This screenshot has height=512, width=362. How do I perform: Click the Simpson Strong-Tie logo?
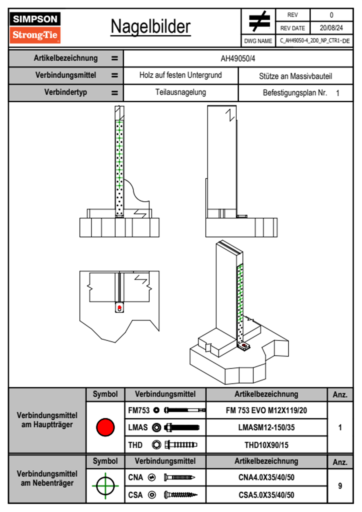tap(35, 28)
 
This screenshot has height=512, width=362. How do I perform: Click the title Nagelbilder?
tap(151, 27)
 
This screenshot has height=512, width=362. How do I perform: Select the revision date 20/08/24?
tap(331, 28)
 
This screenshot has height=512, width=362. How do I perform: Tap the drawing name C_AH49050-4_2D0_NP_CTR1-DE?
tap(314, 41)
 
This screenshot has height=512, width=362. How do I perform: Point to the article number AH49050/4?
tap(238, 59)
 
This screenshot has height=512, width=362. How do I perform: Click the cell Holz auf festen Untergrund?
tap(180, 75)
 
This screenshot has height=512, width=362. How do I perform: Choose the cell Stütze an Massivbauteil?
tap(295, 76)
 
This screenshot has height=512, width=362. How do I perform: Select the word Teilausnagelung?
tap(180, 93)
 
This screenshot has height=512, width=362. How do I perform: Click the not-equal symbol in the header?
tap(259, 21)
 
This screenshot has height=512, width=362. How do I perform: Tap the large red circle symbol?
tap(105, 427)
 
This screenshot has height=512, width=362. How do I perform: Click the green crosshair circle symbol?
tap(105, 486)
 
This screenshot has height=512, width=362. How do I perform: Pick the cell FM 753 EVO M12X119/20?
tap(266, 411)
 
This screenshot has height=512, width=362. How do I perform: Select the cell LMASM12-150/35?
tap(266, 428)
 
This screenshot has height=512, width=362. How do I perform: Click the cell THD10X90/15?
tap(266, 445)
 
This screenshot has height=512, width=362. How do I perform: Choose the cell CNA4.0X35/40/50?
tap(266, 478)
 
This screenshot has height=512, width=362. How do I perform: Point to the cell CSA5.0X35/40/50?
tap(266, 495)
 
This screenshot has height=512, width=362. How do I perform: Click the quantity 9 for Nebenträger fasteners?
tap(340, 486)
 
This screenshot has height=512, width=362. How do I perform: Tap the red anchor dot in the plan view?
tap(120, 308)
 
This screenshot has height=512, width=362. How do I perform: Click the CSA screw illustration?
tap(180, 495)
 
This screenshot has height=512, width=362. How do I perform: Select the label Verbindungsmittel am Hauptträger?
tap(47, 420)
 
